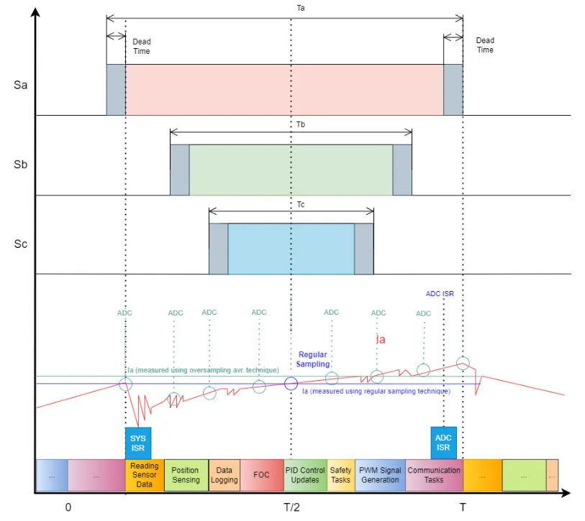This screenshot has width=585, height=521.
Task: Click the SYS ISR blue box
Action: (x=138, y=443)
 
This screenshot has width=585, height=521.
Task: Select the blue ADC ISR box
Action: (x=443, y=443)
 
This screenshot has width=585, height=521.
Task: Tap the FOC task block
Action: (x=261, y=475)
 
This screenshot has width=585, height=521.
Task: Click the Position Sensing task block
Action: (x=186, y=475)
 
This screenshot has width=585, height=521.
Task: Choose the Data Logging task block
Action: (x=225, y=475)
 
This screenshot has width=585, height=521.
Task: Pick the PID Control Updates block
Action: (x=306, y=475)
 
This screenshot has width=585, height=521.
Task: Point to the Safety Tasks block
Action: (x=341, y=475)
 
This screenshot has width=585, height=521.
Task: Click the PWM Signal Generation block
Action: (x=380, y=475)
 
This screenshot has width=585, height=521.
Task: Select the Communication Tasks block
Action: (x=435, y=475)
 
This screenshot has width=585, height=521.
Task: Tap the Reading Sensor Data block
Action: (x=145, y=475)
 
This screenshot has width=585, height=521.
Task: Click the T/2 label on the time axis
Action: (x=291, y=507)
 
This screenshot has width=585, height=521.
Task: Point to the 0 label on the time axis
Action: (x=68, y=507)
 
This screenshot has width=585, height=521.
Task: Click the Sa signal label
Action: (x=21, y=85)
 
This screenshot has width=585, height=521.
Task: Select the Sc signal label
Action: (x=21, y=244)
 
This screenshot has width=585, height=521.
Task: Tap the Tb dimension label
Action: (x=301, y=124)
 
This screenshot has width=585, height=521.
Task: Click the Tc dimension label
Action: (x=301, y=205)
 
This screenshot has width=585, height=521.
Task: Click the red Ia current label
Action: (x=381, y=339)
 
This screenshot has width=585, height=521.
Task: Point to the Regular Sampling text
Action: (x=312, y=359)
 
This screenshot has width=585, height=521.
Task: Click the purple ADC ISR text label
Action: (x=440, y=294)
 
